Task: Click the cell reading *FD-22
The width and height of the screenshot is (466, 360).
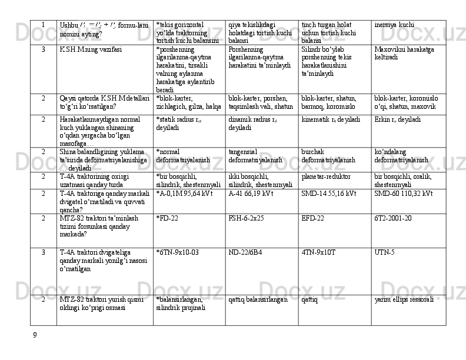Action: tap(168, 218)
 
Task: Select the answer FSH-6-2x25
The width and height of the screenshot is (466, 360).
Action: tap(246, 218)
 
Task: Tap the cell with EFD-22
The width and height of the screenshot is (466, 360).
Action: tap(312, 218)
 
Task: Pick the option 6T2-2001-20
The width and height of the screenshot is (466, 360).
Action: tap(392, 218)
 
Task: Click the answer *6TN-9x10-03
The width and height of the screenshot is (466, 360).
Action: tap(178, 252)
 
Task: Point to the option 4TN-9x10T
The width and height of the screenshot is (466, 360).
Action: tap(318, 252)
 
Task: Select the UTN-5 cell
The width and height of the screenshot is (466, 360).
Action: tap(384, 252)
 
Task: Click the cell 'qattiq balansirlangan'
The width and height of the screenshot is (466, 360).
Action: tap(258, 299)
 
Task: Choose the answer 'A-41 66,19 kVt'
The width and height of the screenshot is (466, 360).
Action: tap(253, 193)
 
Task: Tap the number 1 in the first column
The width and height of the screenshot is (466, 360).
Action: tap(44, 25)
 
